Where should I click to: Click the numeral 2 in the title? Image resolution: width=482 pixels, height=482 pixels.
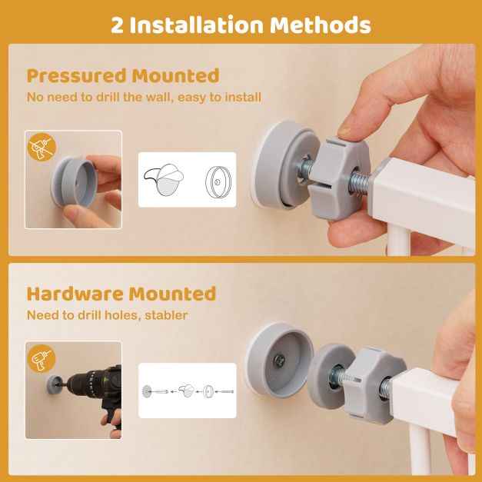pyautogui.click(x=117, y=25)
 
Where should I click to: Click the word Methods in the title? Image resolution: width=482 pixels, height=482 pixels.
pyautogui.click(x=321, y=25)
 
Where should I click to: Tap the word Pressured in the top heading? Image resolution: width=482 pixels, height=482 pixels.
pyautogui.click(x=77, y=76)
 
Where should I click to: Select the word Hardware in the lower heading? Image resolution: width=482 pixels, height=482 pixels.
pyautogui.click(x=75, y=294)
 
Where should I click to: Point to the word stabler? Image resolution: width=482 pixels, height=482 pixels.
pyautogui.click(x=166, y=315)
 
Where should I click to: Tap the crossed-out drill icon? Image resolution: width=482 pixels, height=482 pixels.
pyautogui.click(x=42, y=147)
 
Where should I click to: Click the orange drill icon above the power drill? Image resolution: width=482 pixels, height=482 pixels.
pyautogui.click(x=42, y=359)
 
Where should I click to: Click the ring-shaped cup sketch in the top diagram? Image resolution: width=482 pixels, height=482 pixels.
pyautogui.click(x=218, y=181)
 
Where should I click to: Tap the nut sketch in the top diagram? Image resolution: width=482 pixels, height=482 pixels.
pyautogui.click(x=164, y=180)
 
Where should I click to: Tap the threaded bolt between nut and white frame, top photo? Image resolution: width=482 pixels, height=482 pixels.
pyautogui.click(x=361, y=184)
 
